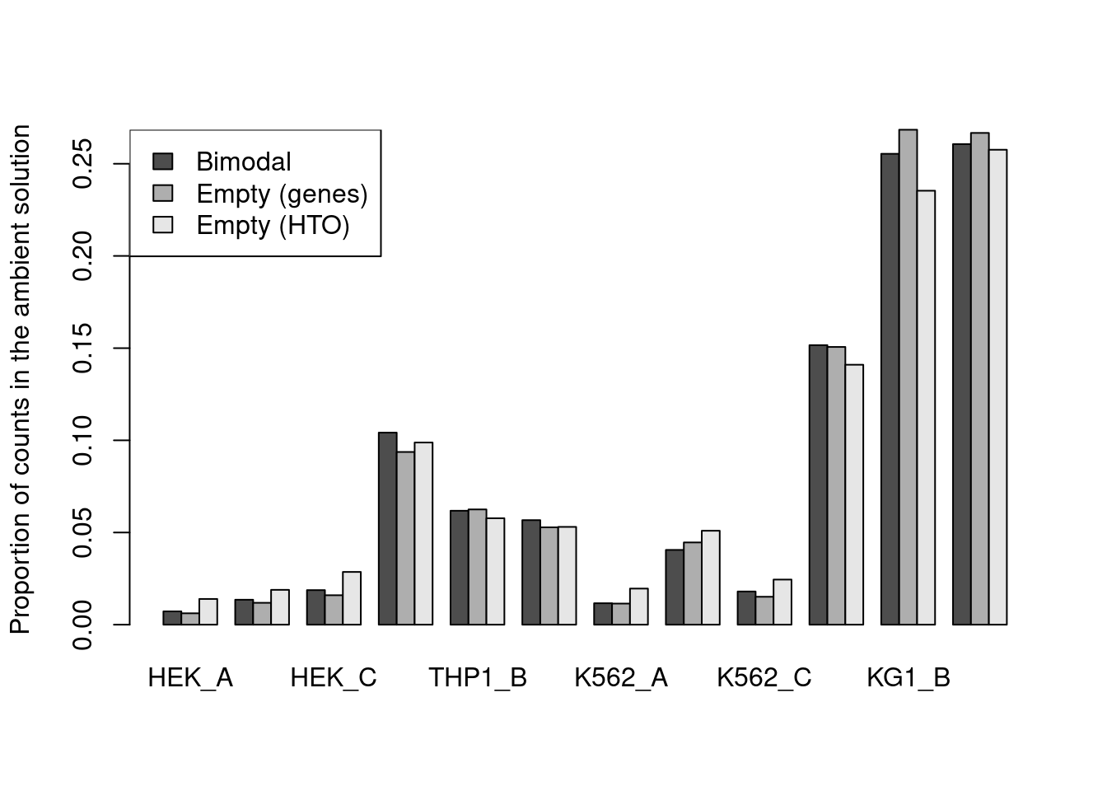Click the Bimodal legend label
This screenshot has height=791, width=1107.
[x=243, y=162]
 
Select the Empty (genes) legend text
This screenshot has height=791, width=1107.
[x=282, y=194]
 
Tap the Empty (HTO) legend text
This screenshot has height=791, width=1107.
[x=273, y=226]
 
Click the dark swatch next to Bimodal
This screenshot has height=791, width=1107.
[x=163, y=161]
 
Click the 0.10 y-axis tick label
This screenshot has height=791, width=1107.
[x=82, y=441]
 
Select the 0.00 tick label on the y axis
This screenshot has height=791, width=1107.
[x=82, y=625]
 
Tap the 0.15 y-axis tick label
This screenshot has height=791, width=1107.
[x=82, y=349]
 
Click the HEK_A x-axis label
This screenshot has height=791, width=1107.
[x=190, y=678]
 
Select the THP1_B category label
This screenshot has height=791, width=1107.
[x=478, y=678]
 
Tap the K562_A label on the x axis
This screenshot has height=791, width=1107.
[x=621, y=678]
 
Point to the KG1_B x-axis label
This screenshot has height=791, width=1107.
[x=908, y=678]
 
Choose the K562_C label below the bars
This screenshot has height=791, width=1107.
[x=764, y=678]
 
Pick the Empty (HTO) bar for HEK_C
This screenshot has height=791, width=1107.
[x=352, y=598]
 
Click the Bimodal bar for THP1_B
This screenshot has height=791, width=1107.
[x=460, y=568]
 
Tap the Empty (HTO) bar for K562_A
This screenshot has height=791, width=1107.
[x=639, y=606]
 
